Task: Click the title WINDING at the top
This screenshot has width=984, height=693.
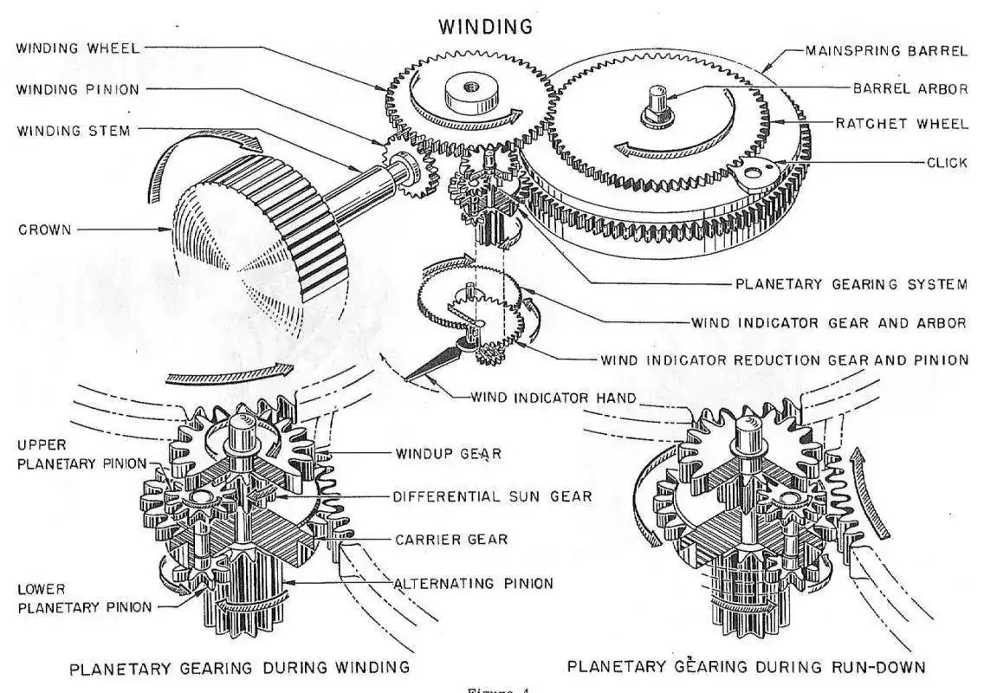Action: pos(485,26)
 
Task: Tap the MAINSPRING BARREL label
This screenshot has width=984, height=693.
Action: pos(886,50)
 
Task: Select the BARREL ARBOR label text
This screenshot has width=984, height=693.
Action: pos(910,87)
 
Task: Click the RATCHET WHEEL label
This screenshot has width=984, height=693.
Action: pos(902,124)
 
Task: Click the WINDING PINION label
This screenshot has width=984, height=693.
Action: pos(77,89)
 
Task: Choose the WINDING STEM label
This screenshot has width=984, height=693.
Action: pos(74,130)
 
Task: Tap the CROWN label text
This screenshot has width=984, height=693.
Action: pos(44,230)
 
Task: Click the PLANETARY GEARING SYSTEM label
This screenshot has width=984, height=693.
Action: pos(851,284)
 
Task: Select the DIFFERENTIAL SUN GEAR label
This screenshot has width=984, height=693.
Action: pos(492,496)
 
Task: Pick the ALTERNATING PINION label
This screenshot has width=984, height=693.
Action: pos(473,583)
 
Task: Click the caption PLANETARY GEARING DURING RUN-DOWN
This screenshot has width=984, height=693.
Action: pos(747,667)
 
